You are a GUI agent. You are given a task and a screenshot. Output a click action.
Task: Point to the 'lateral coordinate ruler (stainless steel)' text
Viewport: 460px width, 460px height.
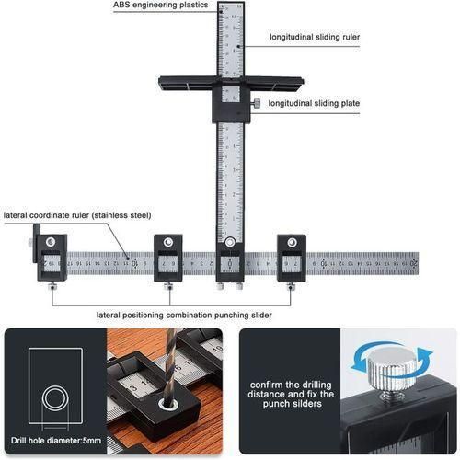pos(76,215)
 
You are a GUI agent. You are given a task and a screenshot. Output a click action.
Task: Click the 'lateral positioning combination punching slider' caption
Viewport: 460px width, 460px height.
pos(184,315)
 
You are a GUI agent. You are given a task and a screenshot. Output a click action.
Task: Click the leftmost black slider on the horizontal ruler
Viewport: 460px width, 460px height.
pos(51,259)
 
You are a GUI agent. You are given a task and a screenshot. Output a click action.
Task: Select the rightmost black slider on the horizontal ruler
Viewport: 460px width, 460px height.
pos(292,259)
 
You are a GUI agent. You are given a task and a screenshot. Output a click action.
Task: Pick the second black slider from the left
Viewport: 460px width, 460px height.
pos(168,259)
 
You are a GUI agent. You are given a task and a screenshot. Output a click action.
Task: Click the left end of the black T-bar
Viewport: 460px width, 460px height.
pos(166,82)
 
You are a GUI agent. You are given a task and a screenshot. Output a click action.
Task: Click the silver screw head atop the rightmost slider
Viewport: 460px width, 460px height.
pos(292,242)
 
